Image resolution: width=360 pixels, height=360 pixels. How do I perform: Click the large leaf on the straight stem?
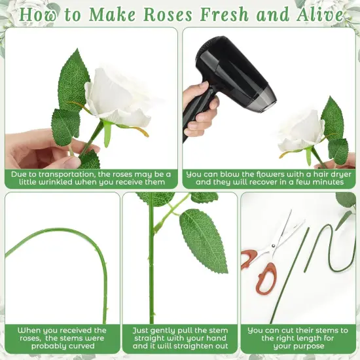pyautogui.click(x=203, y=239)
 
